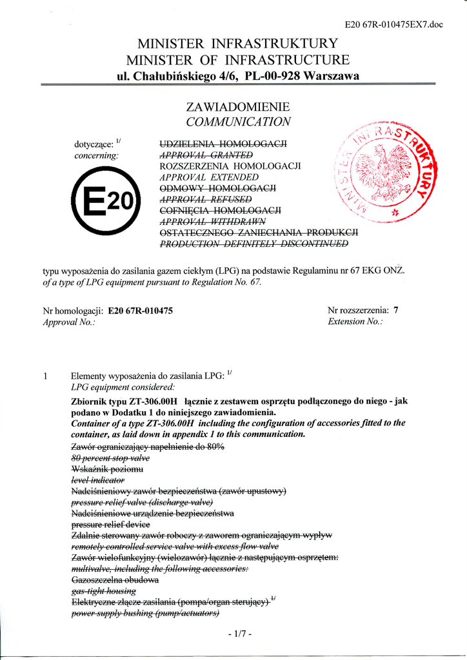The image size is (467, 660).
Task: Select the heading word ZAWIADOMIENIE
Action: point(238,106)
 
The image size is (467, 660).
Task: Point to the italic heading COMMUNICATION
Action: point(238,122)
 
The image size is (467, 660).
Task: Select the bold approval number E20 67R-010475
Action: point(141,310)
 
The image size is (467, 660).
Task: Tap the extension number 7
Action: point(396,310)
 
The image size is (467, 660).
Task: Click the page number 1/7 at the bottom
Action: point(239,634)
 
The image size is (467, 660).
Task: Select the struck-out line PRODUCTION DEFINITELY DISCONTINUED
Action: point(254,244)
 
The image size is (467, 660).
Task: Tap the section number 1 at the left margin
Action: point(46,376)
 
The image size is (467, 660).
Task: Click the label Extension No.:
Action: point(355,321)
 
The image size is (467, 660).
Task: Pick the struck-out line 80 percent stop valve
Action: point(110,458)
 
